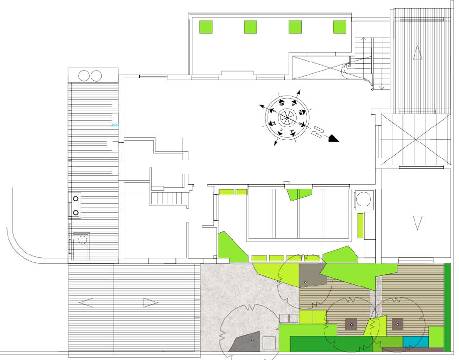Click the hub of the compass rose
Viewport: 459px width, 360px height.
point(287,117)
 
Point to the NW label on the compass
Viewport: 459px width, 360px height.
point(301,111)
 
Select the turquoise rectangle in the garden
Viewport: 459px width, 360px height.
point(416,341)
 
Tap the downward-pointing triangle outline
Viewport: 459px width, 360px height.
point(417,222)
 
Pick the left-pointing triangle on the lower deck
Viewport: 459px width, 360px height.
point(86,302)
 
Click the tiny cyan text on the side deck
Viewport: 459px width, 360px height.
point(114,124)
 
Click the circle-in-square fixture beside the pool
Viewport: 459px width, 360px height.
point(363,199)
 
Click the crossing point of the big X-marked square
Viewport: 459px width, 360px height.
point(413,140)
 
